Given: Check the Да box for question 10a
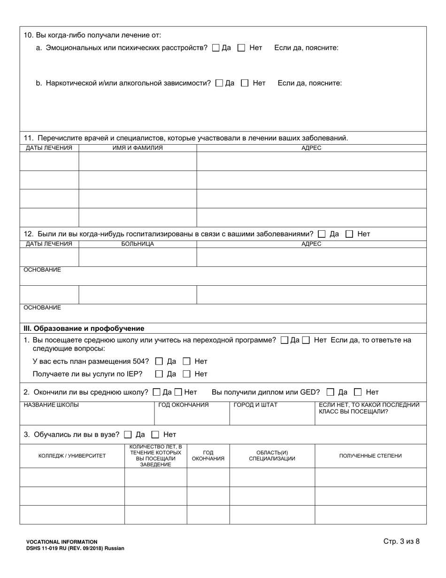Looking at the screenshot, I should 216,47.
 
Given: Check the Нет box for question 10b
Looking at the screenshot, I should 245,83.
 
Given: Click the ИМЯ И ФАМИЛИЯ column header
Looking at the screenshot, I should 138,148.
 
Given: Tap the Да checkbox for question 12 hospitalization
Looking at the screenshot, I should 322,234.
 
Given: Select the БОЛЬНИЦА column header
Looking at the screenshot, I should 138,244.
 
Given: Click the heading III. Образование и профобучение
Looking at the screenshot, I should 84,328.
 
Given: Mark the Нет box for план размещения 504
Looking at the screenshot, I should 186,361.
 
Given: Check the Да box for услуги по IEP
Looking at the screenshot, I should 159,374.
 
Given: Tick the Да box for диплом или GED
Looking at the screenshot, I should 331,392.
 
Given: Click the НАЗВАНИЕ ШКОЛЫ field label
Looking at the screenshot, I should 51,405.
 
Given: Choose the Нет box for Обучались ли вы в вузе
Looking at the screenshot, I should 155,435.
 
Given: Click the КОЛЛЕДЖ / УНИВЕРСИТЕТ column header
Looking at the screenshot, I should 72,456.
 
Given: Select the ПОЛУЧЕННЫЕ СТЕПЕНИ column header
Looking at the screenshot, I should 370,456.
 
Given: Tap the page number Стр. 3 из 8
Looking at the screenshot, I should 401,541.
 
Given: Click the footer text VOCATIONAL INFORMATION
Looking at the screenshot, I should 62,542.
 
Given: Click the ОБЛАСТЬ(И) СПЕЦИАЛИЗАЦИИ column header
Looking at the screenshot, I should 272,456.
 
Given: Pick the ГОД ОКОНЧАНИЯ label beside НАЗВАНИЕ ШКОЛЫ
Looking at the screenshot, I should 184,405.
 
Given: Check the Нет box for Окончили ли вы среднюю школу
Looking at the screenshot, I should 178,392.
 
